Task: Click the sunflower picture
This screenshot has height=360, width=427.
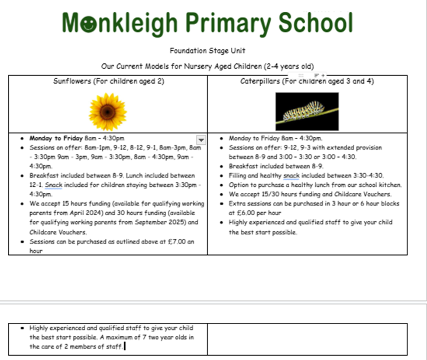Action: click(x=107, y=112)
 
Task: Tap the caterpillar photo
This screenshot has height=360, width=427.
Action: click(x=307, y=111)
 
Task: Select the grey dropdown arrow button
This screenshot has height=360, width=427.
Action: click(x=201, y=139)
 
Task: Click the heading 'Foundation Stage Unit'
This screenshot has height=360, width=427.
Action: click(x=207, y=51)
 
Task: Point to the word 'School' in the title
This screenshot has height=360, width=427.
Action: click(x=316, y=23)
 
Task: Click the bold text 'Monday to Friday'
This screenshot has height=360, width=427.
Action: click(x=56, y=138)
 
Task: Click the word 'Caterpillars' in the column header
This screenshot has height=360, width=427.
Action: click(x=260, y=81)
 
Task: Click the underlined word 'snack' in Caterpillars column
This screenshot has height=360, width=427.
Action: click(x=291, y=175)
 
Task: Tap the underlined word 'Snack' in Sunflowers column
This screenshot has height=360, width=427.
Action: click(x=54, y=185)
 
